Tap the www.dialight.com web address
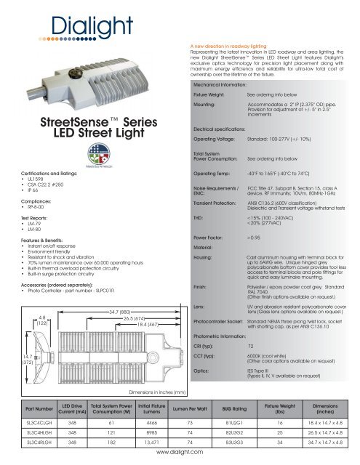[180, 460]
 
